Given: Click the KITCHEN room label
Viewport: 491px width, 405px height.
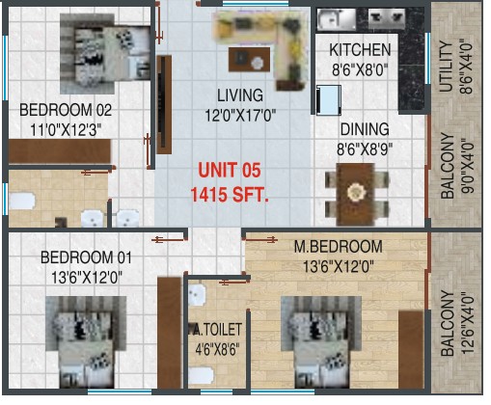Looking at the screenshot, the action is click(x=360, y=50).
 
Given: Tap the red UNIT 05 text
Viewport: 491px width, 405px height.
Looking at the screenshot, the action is click(x=230, y=170).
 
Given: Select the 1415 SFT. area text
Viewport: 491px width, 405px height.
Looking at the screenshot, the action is click(x=230, y=195).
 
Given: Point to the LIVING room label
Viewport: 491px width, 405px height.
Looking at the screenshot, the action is click(x=240, y=95).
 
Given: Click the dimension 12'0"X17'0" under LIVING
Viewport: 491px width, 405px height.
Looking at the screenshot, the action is click(x=240, y=115).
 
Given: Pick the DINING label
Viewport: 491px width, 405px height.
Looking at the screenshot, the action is click(x=365, y=129).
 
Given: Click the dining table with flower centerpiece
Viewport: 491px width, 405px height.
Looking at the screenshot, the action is click(x=356, y=195).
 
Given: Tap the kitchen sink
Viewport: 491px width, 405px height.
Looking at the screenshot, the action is click(x=336, y=18).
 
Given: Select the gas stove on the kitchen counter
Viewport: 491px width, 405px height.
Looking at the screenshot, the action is click(x=387, y=18).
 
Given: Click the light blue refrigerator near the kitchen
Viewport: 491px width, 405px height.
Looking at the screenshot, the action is click(x=329, y=100).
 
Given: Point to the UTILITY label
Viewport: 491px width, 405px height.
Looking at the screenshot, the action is click(x=447, y=67).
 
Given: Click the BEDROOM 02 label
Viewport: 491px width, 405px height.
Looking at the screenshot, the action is click(x=66, y=110).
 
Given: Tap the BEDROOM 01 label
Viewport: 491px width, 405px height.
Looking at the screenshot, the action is click(x=86, y=257).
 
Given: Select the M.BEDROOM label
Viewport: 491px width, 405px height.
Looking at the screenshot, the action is click(x=339, y=247).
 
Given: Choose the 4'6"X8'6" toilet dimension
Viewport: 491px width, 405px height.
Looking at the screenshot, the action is click(x=217, y=349).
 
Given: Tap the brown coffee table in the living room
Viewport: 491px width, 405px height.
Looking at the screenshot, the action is click(x=249, y=60).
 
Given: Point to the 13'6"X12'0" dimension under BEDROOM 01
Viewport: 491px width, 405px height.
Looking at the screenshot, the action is click(x=87, y=277).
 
